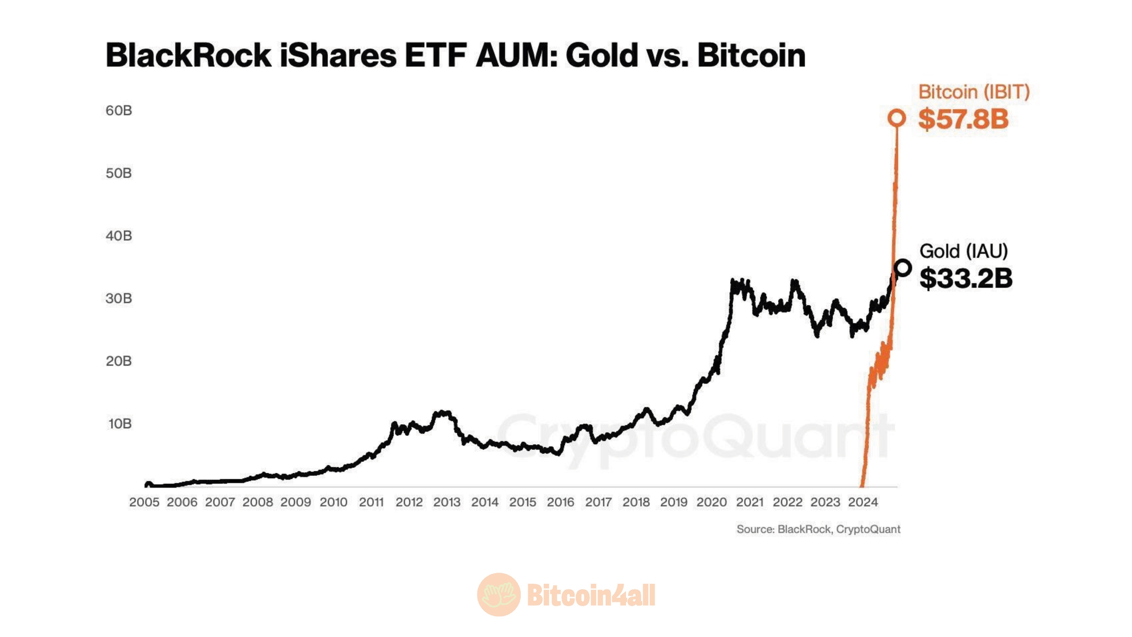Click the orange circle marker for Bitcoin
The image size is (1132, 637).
(897, 118)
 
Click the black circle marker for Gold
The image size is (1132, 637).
(903, 268)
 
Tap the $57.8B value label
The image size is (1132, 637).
(963, 119)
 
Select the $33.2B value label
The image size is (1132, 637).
(965, 278)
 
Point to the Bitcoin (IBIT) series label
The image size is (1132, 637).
(974, 92)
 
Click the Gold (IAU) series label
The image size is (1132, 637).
(963, 251)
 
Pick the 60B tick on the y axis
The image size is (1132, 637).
(119, 111)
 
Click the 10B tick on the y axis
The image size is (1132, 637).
(119, 424)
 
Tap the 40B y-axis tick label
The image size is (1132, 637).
(119, 236)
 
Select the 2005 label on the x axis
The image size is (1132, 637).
(144, 502)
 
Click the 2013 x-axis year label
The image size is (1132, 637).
(447, 502)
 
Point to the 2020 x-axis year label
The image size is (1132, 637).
(711, 502)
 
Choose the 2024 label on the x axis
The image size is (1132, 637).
(863, 502)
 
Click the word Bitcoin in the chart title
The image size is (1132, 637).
(751, 55)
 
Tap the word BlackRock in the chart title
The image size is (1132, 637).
(188, 55)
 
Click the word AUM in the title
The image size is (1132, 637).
(517, 55)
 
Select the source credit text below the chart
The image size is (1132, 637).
(818, 529)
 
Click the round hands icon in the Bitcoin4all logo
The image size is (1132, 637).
(499, 595)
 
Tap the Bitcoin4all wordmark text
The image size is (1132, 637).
(591, 595)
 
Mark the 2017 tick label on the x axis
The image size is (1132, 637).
(598, 502)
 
